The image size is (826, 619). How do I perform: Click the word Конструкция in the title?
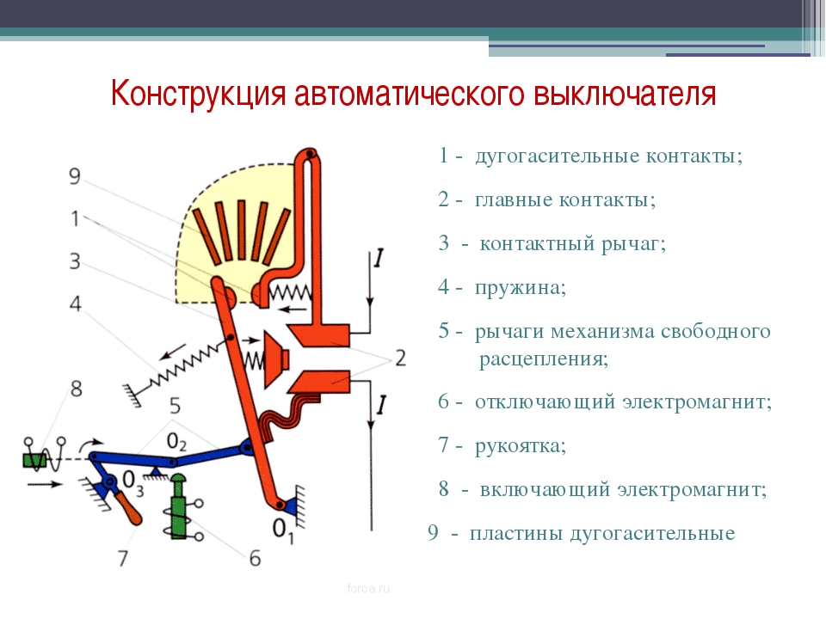[x=199, y=94]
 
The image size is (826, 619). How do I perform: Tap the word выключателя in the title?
[x=625, y=94]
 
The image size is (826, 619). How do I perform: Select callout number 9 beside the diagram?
[x=75, y=175]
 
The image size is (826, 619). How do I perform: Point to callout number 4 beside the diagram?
[x=76, y=303]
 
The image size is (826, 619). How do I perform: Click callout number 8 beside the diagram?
[x=77, y=389]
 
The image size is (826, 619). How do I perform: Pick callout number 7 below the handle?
[x=123, y=558]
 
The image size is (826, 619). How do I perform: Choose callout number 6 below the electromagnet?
[x=255, y=558]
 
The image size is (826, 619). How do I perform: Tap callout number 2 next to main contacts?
[x=401, y=358]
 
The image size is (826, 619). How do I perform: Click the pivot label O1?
[x=283, y=529]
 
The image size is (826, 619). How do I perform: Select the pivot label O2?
[x=176, y=442]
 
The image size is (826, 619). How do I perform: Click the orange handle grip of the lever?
[x=130, y=508]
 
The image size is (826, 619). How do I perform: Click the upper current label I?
[x=379, y=259]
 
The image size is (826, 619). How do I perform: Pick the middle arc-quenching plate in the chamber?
[x=241, y=230]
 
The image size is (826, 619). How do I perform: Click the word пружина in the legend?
[x=521, y=287]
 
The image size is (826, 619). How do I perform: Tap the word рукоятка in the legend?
[x=521, y=446]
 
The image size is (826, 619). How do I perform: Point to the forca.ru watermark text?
[x=369, y=588]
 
